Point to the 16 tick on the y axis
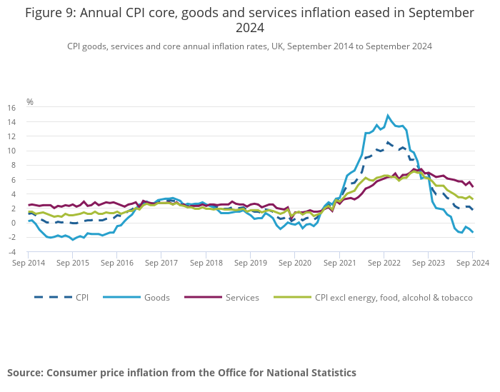pos(11,108)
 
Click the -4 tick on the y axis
pos(11,252)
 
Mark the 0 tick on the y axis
pos(12,223)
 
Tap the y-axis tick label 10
pos(11,151)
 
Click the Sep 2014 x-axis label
pos(29,263)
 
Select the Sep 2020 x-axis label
pos(295,263)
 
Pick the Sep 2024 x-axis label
pos(471,263)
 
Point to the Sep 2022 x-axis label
pos(384,263)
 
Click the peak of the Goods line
pos(388,115)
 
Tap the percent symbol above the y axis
pos(30,102)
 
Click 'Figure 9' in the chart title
pos(51,13)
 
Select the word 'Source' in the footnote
pos(25,373)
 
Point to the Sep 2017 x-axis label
pos(161,263)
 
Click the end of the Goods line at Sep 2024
pos(472,232)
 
